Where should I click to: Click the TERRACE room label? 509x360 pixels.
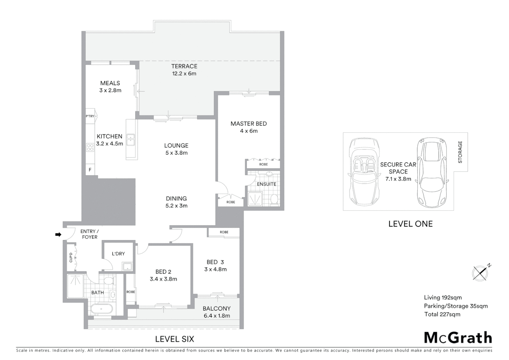click(184, 66)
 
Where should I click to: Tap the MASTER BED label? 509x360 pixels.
click(249, 124)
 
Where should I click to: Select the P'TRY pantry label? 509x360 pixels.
click(90, 116)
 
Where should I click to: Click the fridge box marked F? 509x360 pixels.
click(90, 170)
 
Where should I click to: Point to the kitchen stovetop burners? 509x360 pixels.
click(90, 147)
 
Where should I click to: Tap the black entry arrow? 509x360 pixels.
click(58, 235)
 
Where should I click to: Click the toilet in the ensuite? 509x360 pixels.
click(274, 200)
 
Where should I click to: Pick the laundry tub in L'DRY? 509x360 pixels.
click(127, 267)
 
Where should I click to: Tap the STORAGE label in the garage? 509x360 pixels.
click(460, 152)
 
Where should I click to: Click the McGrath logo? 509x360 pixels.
click(458, 338)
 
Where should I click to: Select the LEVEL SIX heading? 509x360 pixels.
click(175, 339)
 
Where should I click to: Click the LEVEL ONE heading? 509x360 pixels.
click(410, 224)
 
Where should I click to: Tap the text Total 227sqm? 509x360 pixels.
click(442, 314)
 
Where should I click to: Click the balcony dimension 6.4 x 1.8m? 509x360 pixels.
click(217, 316)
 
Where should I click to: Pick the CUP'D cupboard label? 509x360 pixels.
click(71, 258)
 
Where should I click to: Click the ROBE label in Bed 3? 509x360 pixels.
click(224, 232)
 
